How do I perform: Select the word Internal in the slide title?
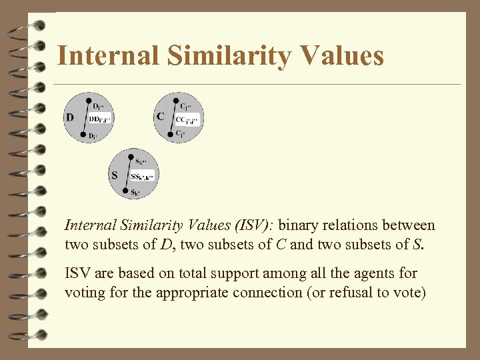108,55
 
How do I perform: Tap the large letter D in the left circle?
70,117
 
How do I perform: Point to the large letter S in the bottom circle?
115,175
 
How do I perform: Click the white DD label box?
99,119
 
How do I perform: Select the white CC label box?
187,120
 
